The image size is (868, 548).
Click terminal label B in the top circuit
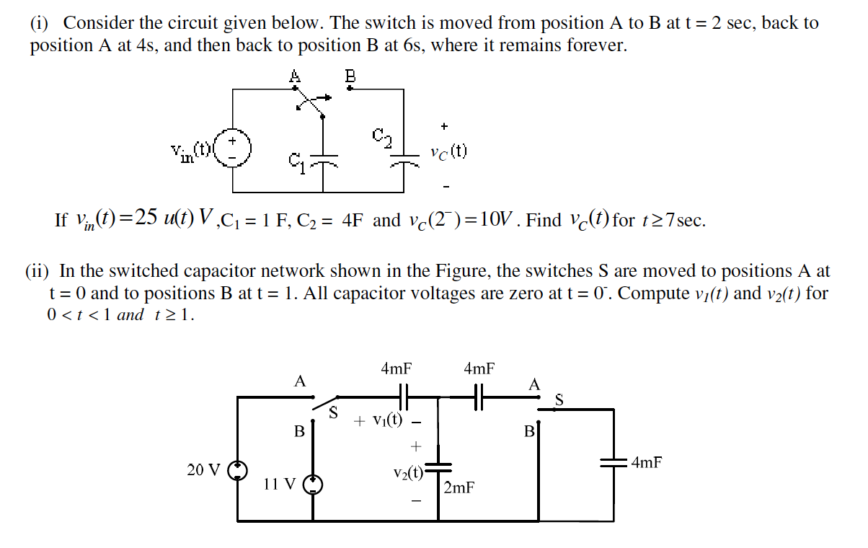click(350, 75)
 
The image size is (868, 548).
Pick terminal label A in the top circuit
click(294, 75)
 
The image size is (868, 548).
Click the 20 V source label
click(204, 470)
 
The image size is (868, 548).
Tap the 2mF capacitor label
click(459, 488)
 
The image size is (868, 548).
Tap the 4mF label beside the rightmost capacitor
click(646, 463)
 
